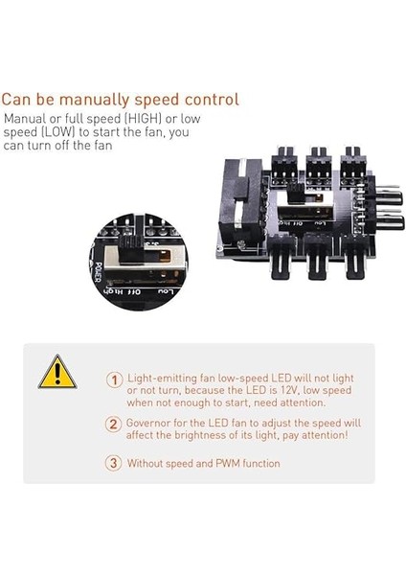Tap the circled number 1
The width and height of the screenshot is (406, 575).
click(x=114, y=379)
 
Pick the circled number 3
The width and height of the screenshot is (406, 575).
click(x=114, y=463)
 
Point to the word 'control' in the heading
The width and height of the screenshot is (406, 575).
click(x=212, y=99)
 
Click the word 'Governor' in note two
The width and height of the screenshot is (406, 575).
click(x=149, y=423)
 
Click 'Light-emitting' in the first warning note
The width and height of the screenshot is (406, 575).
click(x=160, y=379)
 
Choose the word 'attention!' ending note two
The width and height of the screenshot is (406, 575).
click(x=324, y=435)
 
